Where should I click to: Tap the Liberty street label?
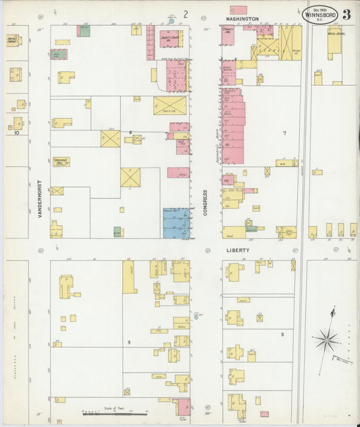click(238, 250)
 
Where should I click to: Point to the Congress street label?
click(205, 201)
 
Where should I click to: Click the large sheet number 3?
click(346, 14)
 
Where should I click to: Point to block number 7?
click(284, 133)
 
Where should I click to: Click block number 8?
click(282, 334)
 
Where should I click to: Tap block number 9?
click(128, 343)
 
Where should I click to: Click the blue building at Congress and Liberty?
click(176, 223)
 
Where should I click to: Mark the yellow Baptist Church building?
click(14, 41)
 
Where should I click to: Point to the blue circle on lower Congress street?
click(196, 316)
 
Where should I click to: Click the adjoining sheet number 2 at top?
click(185, 14)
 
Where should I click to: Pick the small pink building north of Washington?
click(238, 10)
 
